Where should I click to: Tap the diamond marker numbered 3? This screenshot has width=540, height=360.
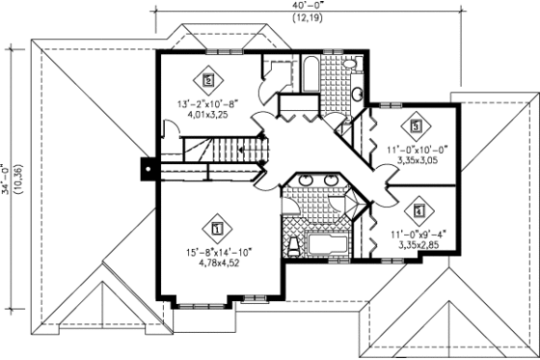[x=417, y=125]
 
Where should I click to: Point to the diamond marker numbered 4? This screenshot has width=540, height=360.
[x=418, y=207]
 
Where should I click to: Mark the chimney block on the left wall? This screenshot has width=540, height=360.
[x=148, y=168]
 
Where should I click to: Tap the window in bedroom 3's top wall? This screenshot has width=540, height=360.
[x=391, y=103]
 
